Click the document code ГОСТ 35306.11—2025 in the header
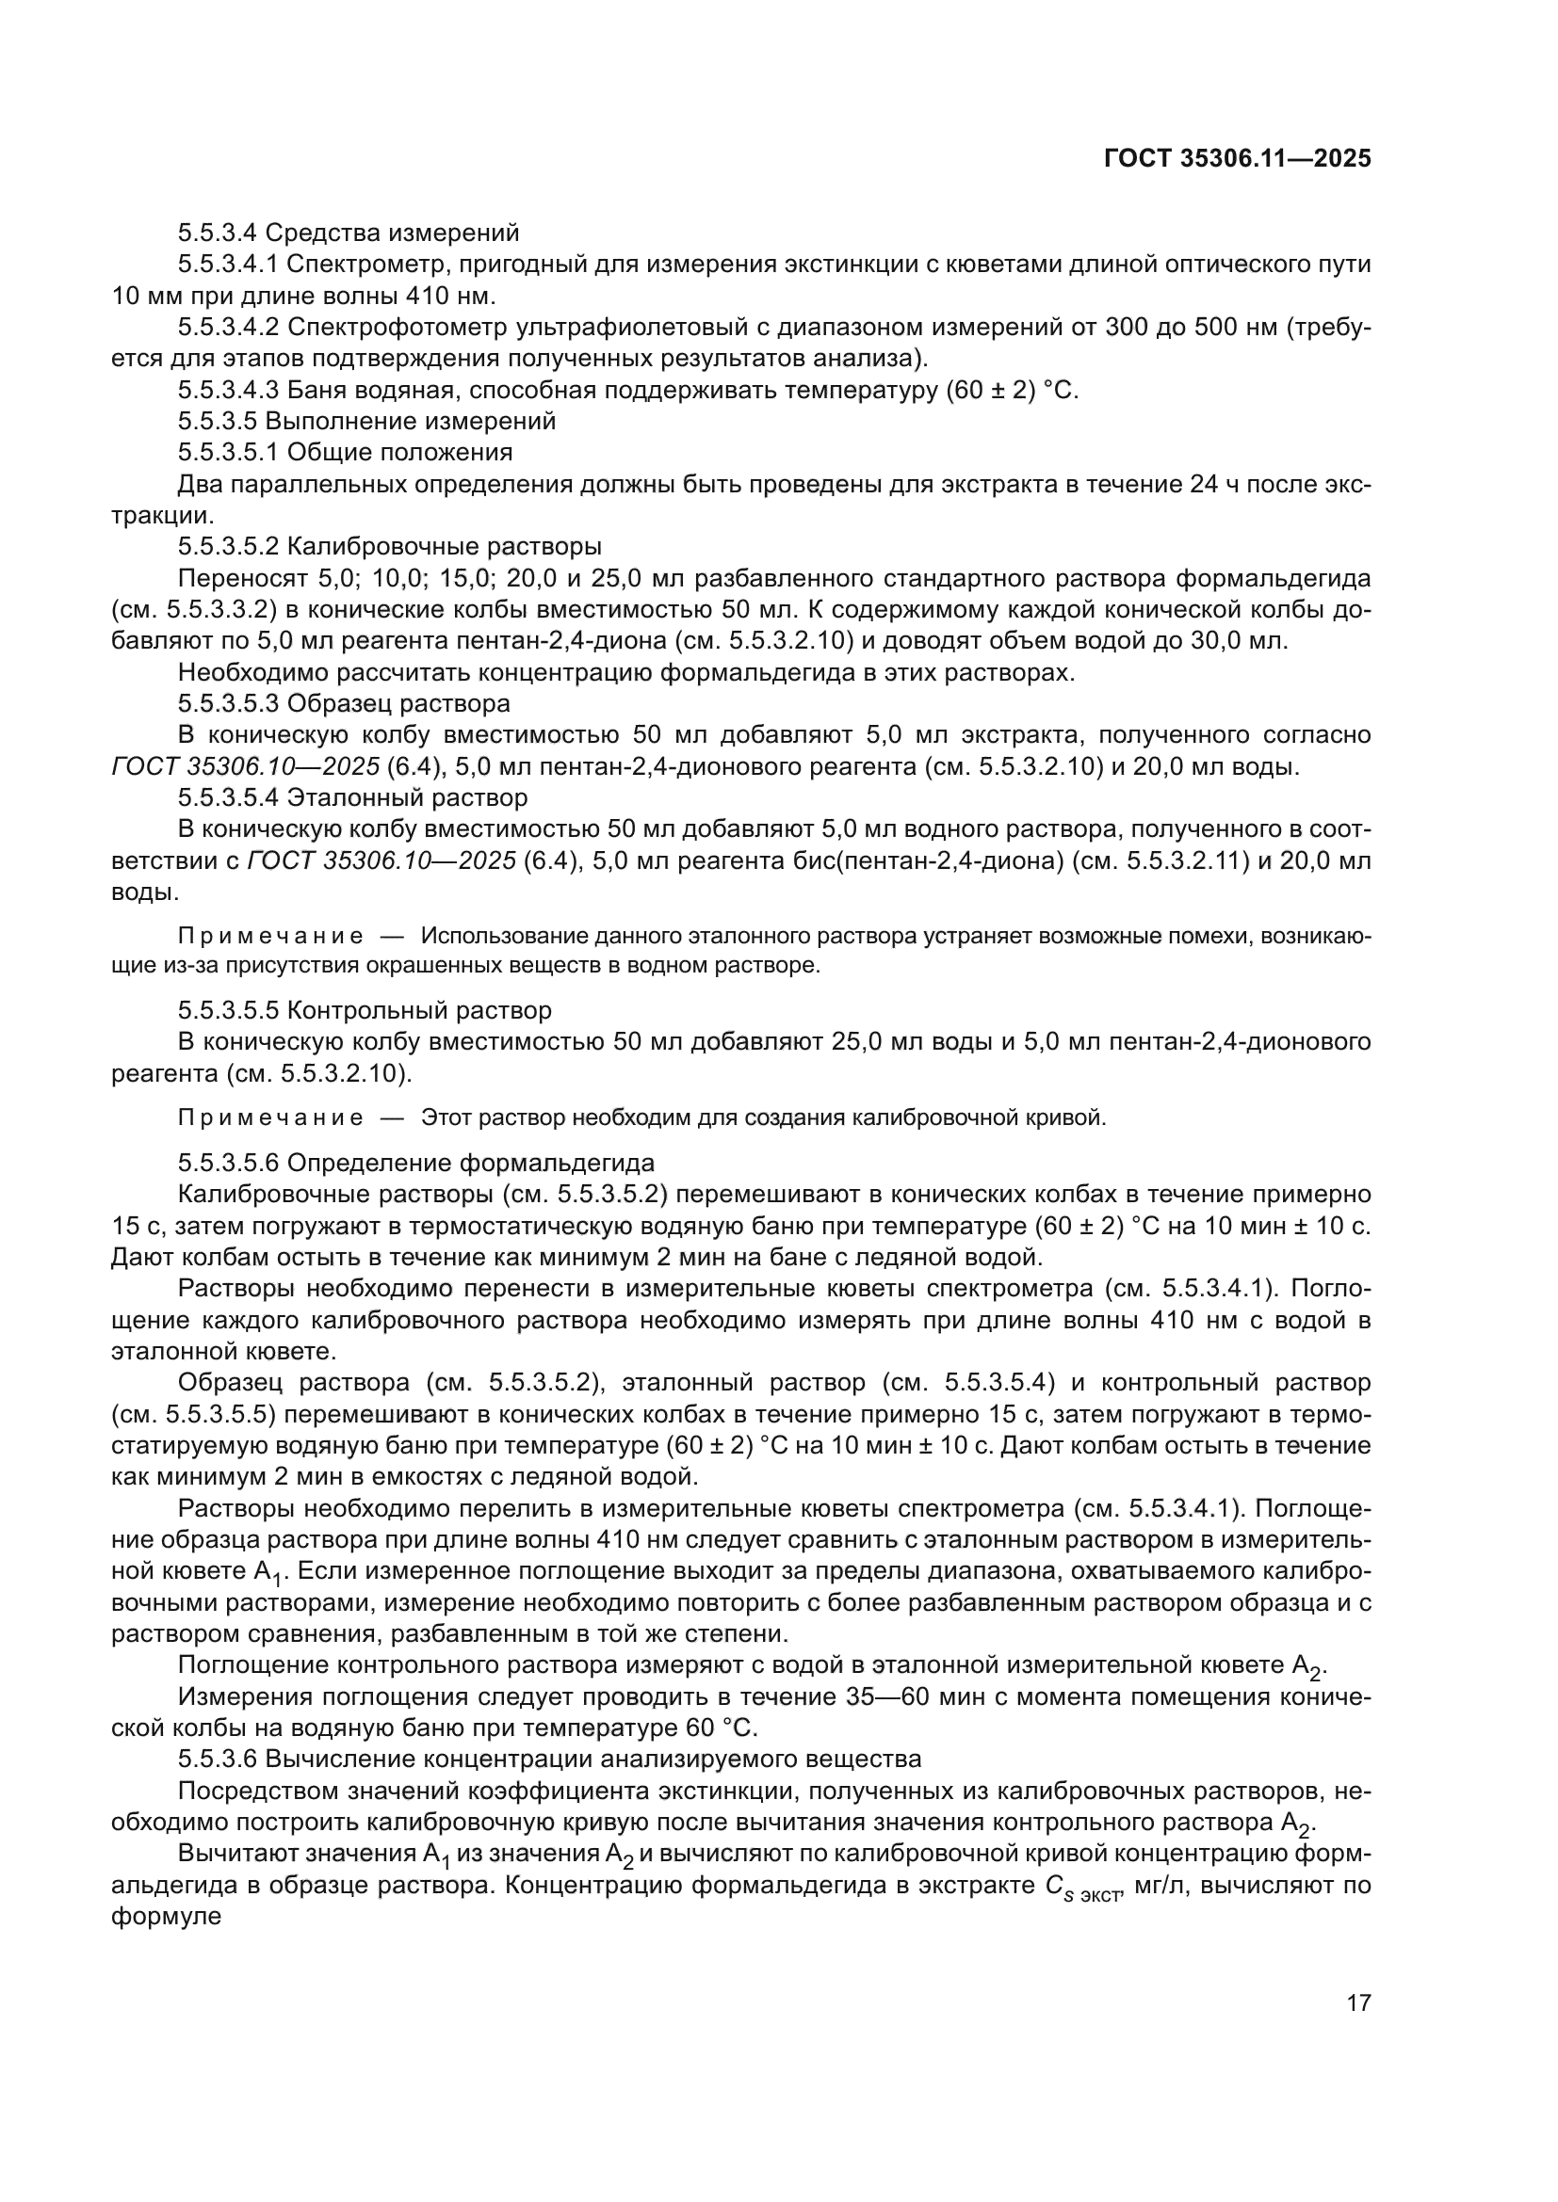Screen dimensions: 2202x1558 coord(1237,159)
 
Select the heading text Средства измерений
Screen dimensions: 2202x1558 coord(392,233)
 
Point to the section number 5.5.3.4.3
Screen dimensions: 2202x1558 coord(228,391)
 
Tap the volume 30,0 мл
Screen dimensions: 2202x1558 coord(1240,641)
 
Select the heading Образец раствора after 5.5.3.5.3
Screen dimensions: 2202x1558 coord(399,703)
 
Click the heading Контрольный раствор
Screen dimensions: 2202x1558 coord(419,1010)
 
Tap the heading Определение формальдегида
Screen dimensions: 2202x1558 coord(471,1164)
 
